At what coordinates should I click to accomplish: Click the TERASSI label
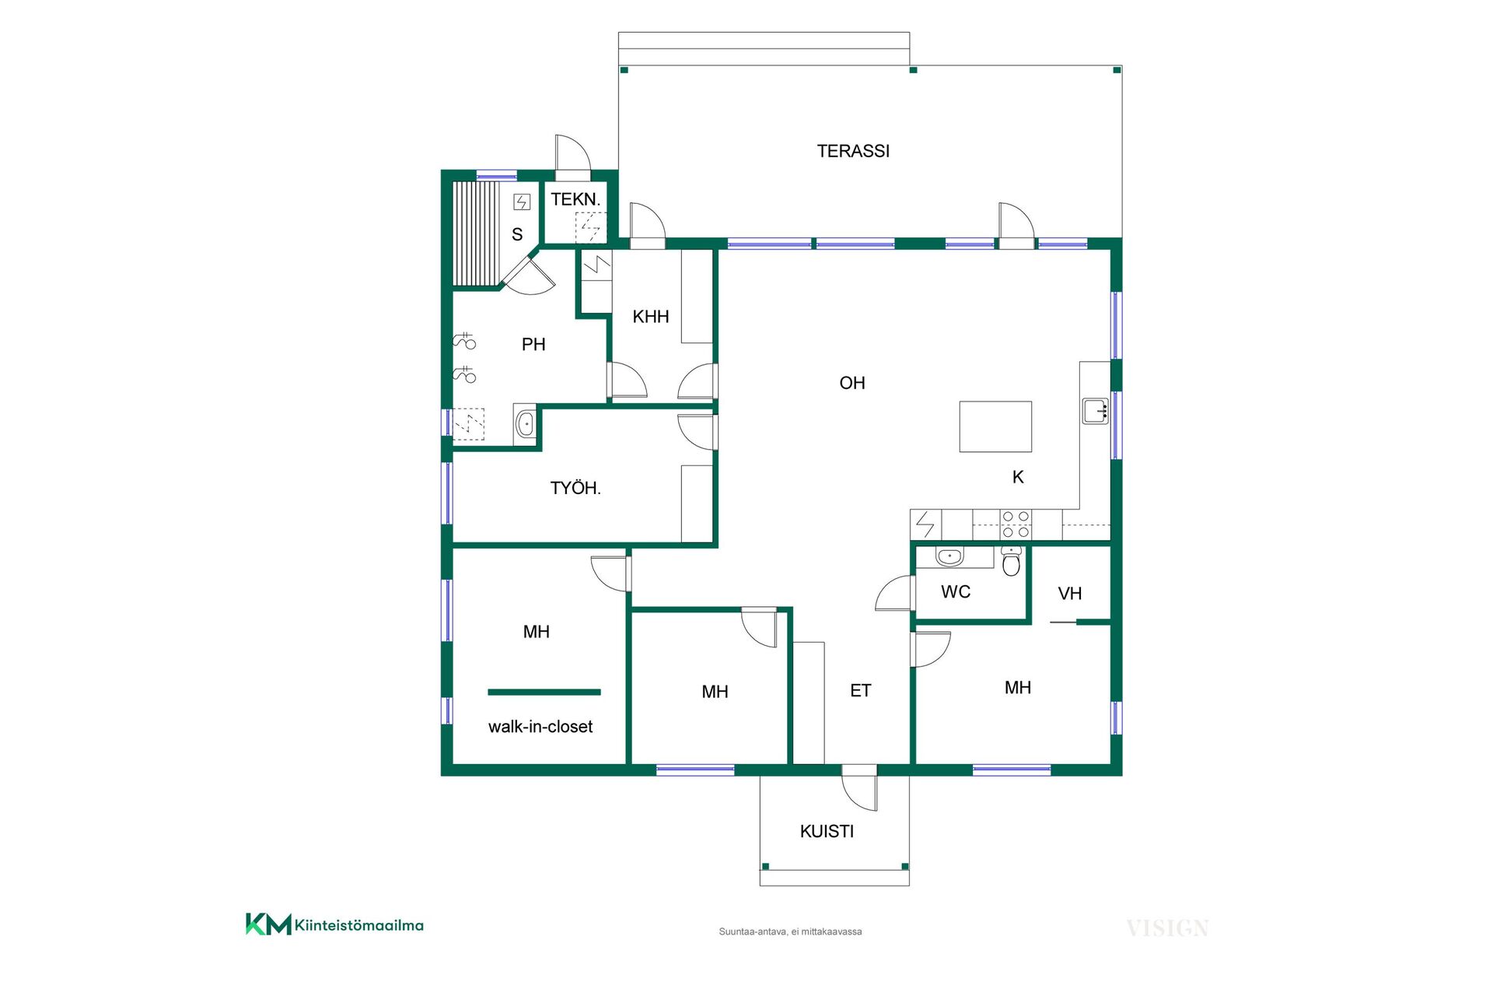click(x=853, y=151)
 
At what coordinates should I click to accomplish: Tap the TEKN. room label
click(x=575, y=199)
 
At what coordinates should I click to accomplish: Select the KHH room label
click(x=651, y=317)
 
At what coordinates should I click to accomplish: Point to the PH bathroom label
click(x=533, y=344)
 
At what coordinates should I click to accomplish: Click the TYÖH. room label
click(x=575, y=488)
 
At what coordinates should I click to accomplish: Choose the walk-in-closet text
click(x=540, y=727)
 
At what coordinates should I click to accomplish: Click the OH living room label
click(x=852, y=383)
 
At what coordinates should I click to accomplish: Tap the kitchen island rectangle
click(x=995, y=426)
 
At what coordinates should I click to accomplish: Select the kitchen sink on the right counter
click(x=1096, y=411)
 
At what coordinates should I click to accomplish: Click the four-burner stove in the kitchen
click(x=1016, y=524)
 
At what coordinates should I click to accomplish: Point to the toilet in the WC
click(x=1011, y=561)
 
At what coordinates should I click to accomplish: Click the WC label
click(x=956, y=592)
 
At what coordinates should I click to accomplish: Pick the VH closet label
click(x=1070, y=594)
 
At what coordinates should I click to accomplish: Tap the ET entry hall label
click(x=861, y=691)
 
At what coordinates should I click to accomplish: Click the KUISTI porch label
click(x=827, y=831)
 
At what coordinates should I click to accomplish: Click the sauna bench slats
click(x=475, y=234)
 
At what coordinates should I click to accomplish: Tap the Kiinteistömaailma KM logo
click(x=334, y=924)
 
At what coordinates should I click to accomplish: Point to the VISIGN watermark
click(x=1167, y=928)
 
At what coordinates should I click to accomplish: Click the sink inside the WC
click(x=949, y=557)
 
